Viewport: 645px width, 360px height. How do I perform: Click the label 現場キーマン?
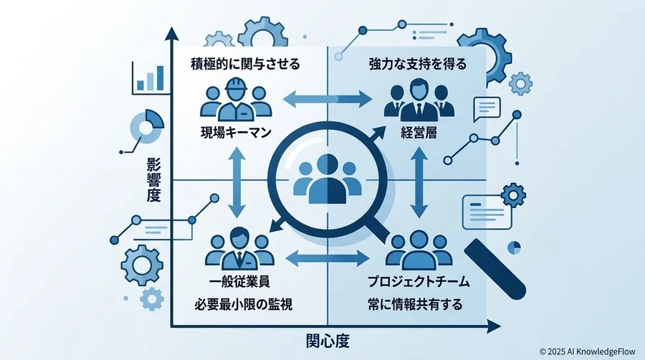tap(236, 133)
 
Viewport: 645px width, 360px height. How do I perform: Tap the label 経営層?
tap(419, 133)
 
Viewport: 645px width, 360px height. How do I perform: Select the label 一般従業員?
tap(240, 282)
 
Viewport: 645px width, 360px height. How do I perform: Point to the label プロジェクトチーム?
tap(419, 282)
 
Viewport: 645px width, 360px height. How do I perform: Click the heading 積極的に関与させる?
tap(245, 64)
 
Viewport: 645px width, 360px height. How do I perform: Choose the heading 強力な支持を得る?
tap(418, 64)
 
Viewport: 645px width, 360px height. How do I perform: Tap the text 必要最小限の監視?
tap(244, 305)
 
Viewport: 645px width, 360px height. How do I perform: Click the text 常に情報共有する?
tap(415, 305)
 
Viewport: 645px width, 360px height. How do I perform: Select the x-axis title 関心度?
tap(328, 341)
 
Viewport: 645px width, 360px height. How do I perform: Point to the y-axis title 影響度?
tap(153, 180)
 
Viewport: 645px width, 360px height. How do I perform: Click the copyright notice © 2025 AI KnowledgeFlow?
tap(588, 352)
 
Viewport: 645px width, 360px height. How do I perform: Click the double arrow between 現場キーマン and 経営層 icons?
tap(328, 99)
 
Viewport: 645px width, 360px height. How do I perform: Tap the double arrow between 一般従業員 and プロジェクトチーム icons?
tap(328, 258)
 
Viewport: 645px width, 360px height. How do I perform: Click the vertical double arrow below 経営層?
tap(419, 183)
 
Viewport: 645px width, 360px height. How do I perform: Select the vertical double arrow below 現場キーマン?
tap(236, 183)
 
